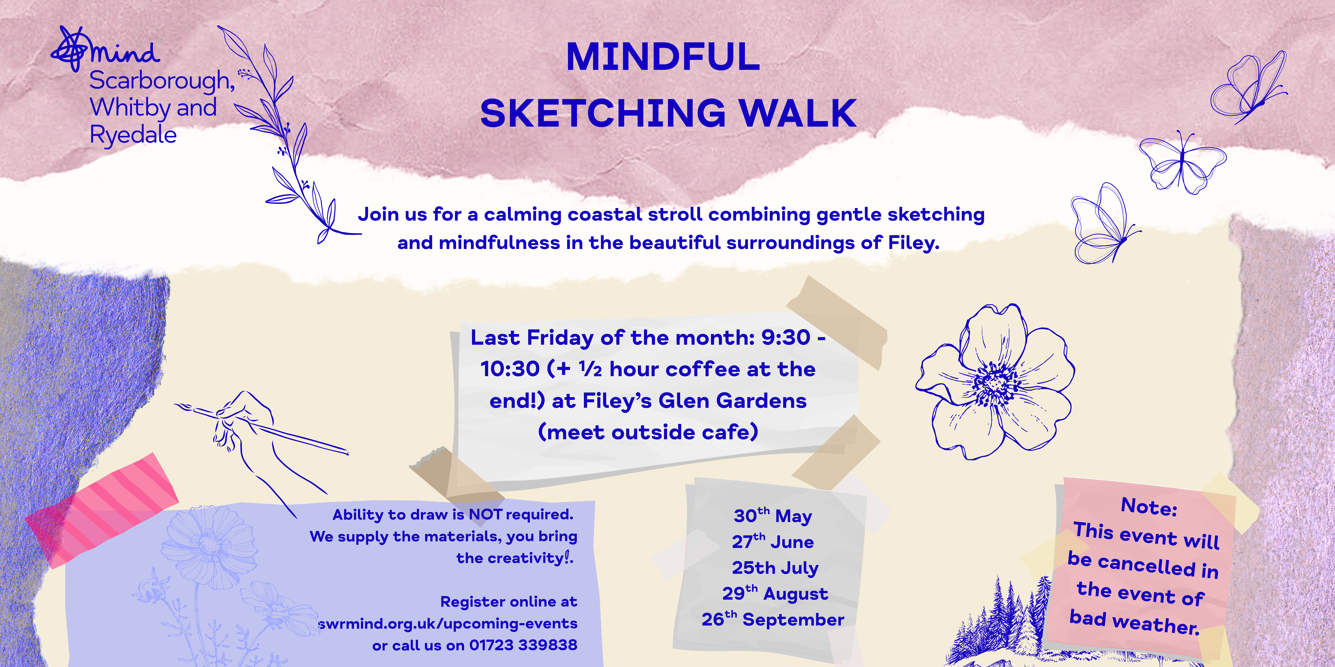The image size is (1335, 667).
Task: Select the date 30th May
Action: (x=773, y=515)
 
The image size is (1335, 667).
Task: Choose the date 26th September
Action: (x=773, y=619)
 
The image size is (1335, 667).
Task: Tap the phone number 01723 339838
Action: (x=523, y=645)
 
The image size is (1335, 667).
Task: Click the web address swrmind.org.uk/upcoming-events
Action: (x=448, y=624)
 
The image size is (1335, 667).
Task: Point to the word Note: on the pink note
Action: (x=1149, y=507)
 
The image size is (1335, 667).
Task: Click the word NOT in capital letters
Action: (x=486, y=514)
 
